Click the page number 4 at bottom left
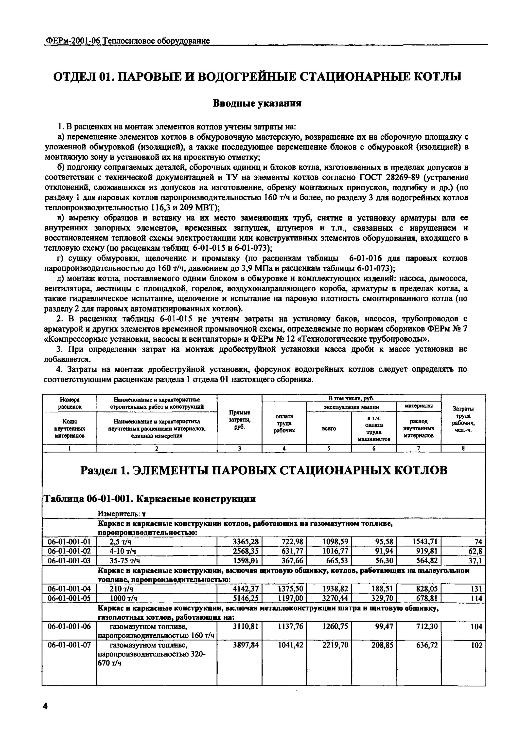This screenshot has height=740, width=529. pos(45,706)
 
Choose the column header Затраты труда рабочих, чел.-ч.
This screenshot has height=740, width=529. pos(463,419)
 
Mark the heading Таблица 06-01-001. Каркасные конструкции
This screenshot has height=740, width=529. pos(150,499)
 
